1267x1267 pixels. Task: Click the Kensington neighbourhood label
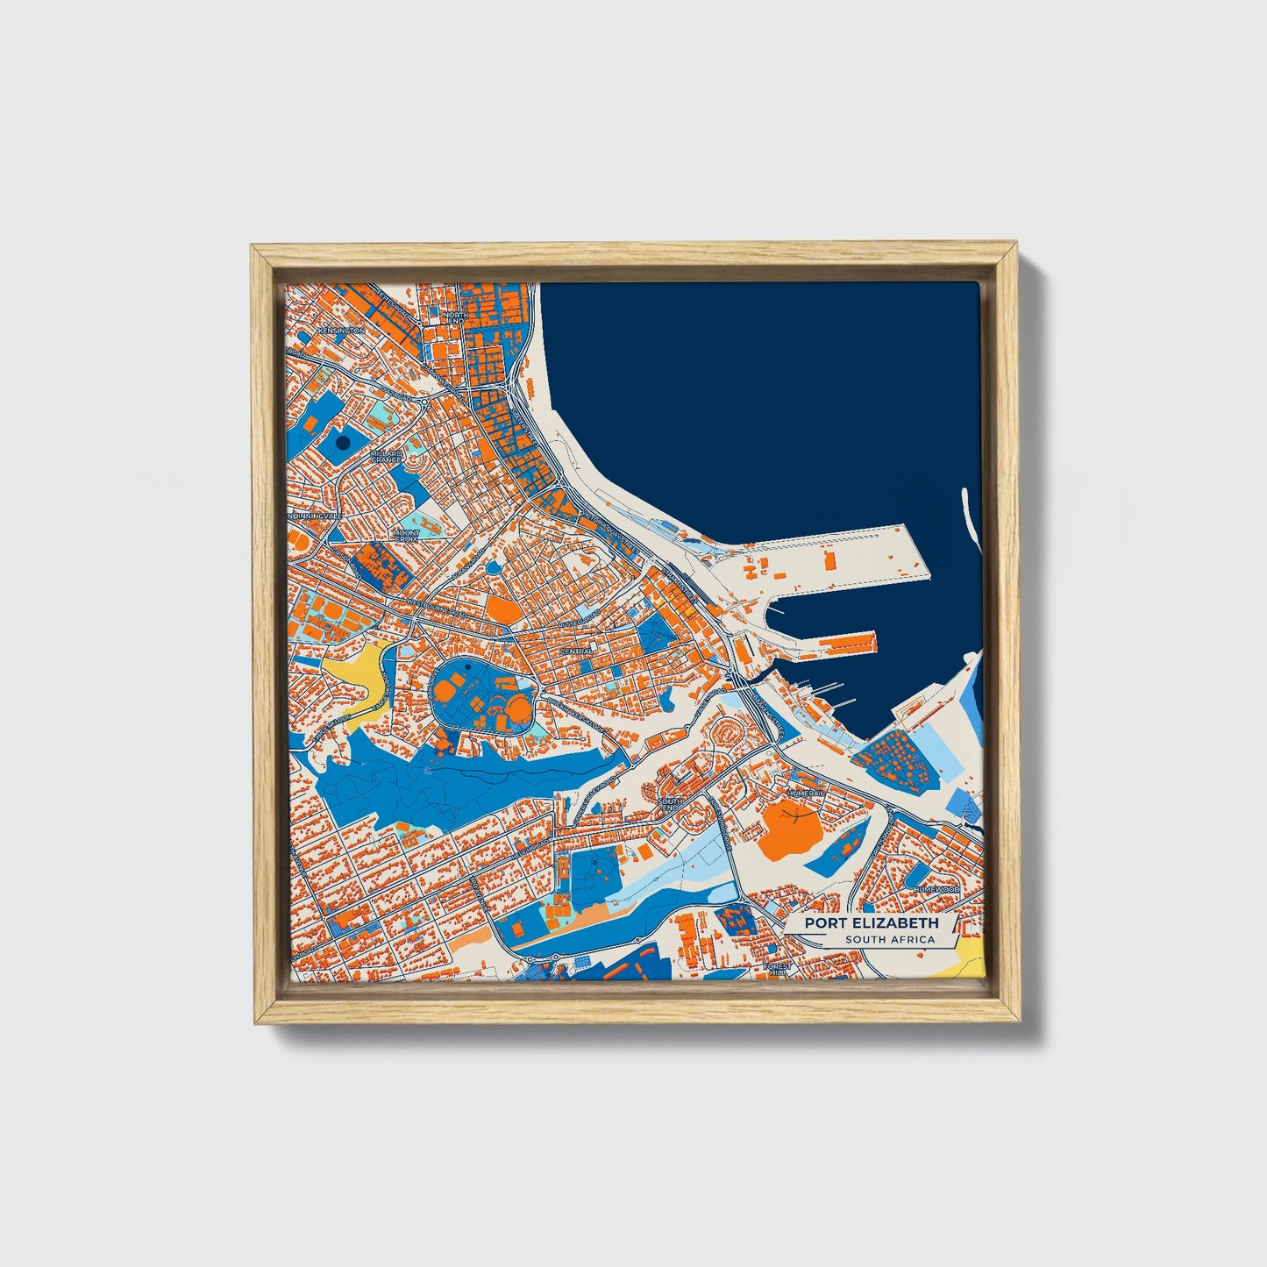click(341, 331)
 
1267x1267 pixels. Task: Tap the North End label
click(455, 318)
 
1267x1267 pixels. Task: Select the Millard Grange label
click(386, 456)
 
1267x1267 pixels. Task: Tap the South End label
click(671, 804)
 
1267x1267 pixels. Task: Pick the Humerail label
click(805, 793)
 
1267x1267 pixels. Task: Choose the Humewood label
click(936, 889)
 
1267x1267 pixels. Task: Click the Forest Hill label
click(777, 969)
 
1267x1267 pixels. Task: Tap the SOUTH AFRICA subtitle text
click(890, 940)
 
